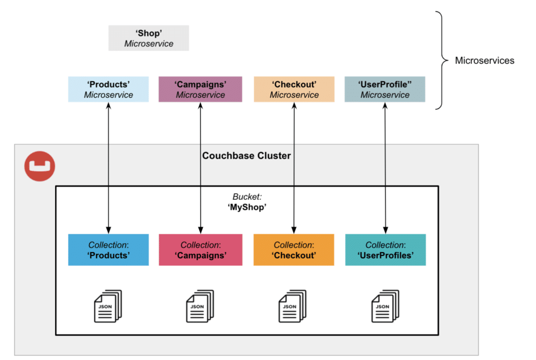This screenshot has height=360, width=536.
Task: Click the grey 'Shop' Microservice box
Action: point(149,38)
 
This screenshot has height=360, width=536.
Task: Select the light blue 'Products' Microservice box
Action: point(108,89)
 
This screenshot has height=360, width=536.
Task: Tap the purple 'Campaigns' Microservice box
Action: point(200,89)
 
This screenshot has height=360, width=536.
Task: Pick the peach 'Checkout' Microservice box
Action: point(294,89)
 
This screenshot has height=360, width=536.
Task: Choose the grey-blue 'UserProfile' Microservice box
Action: point(385,89)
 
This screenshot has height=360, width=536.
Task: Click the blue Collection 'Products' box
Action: point(108,250)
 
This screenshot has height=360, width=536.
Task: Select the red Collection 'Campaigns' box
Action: point(200,250)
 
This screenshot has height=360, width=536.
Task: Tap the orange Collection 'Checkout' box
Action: point(294,250)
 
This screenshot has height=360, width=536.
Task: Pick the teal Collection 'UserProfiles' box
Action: point(385,250)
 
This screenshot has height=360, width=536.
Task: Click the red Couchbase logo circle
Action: point(39,166)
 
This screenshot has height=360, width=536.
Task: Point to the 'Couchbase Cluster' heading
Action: point(247,155)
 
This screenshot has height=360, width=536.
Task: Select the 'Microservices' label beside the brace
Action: point(484,61)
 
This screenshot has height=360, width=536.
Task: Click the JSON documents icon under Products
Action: point(108,306)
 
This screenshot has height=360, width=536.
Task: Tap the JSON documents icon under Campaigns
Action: point(200,306)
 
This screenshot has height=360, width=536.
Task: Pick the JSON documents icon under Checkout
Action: point(293,306)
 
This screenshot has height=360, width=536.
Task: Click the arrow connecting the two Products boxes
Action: point(108,167)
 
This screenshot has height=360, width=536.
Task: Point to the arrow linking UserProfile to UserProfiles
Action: point(386,167)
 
